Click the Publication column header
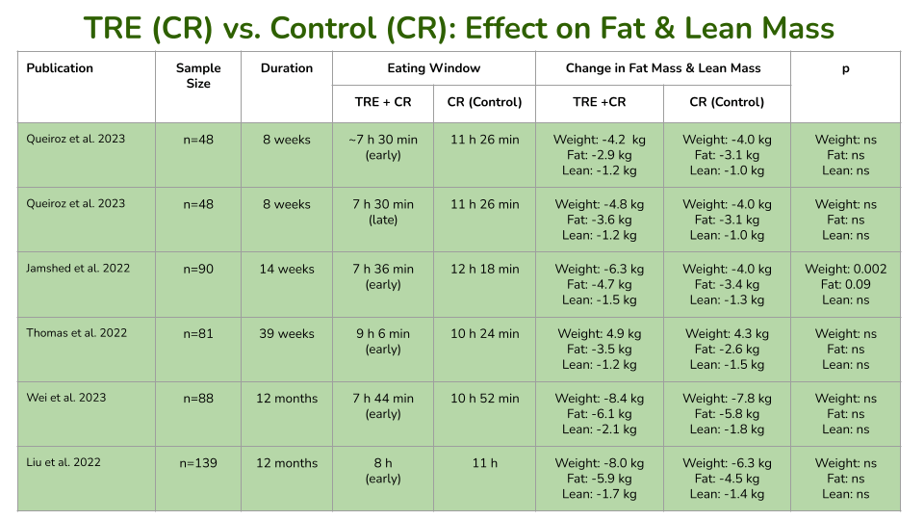(x=60, y=68)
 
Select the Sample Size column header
(x=198, y=76)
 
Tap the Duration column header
(x=287, y=68)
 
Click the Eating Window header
(x=433, y=68)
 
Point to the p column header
(x=845, y=68)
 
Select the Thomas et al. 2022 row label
(x=76, y=333)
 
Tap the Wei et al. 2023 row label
(x=66, y=398)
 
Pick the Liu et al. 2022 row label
(x=64, y=462)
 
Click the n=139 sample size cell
(x=198, y=463)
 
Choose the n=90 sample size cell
(x=198, y=270)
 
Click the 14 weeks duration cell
(x=287, y=270)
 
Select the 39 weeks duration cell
(x=287, y=334)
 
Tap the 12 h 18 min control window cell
(x=484, y=270)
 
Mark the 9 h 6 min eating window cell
(x=383, y=334)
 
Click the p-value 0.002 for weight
(x=846, y=270)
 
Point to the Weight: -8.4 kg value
(x=600, y=399)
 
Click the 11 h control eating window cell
(x=484, y=463)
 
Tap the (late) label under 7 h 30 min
(x=383, y=220)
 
